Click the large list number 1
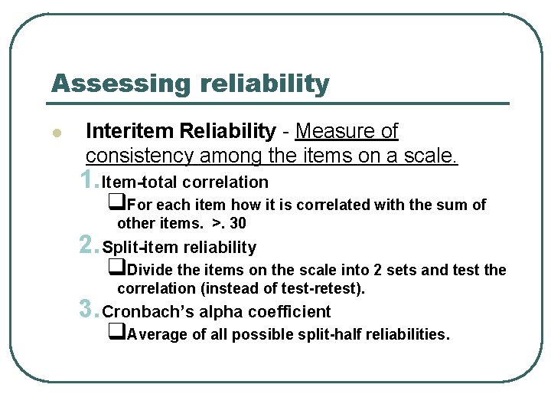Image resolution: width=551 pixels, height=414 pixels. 88,180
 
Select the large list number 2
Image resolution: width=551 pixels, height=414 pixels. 88,245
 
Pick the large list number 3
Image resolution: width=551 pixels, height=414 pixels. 88,310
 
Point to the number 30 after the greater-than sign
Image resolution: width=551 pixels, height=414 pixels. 238,224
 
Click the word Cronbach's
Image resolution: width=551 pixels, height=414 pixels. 141,311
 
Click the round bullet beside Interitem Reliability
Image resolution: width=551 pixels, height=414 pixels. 56,133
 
